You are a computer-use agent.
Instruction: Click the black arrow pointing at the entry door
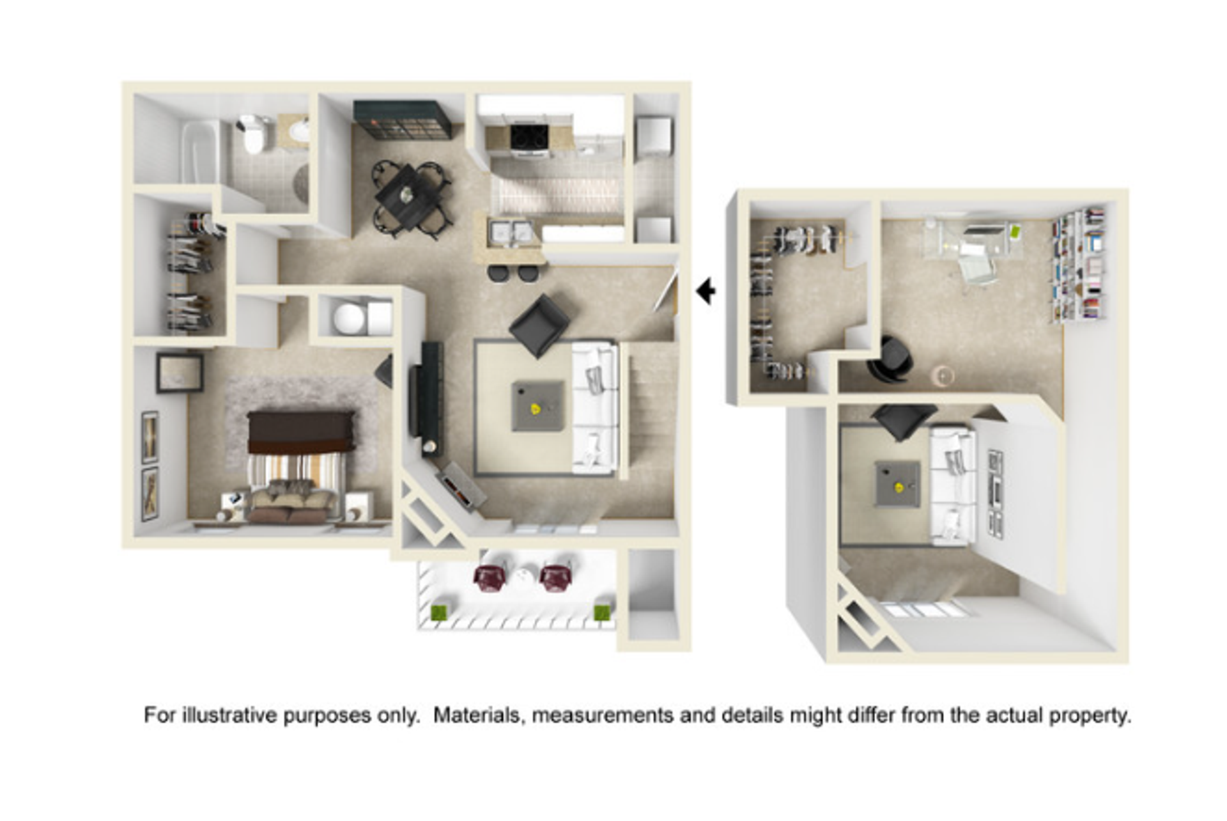706,292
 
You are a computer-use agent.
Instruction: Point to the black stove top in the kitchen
529,136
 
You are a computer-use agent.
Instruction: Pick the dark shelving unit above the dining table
403,120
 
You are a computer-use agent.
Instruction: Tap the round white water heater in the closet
350,318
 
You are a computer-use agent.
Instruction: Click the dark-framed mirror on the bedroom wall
180,373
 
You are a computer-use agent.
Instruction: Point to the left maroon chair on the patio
490,578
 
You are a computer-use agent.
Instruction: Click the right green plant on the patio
601,613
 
